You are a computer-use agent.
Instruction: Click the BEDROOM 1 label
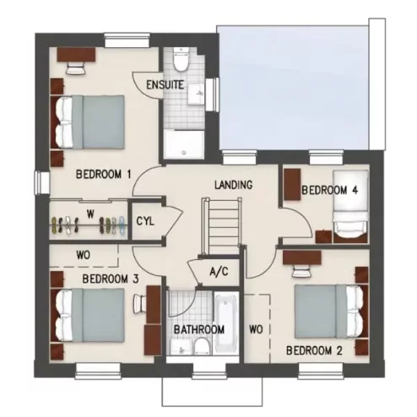tap(103, 175)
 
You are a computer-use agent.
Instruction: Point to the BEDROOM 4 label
tap(330, 191)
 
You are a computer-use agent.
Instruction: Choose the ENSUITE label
tap(165, 85)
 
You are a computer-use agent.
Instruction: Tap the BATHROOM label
tap(199, 329)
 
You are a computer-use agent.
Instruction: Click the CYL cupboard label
tap(145, 221)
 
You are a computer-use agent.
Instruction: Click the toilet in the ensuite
tap(178, 62)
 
